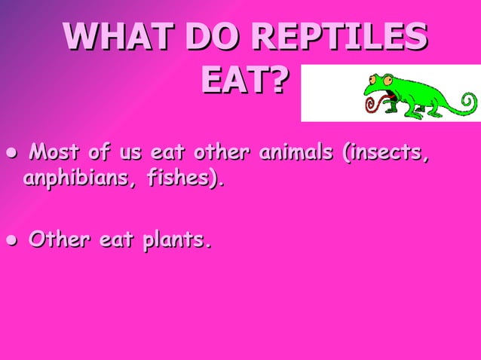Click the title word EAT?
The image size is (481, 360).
[x=244, y=81]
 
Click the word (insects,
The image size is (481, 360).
[x=387, y=154]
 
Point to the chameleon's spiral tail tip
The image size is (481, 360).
[x=468, y=101]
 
